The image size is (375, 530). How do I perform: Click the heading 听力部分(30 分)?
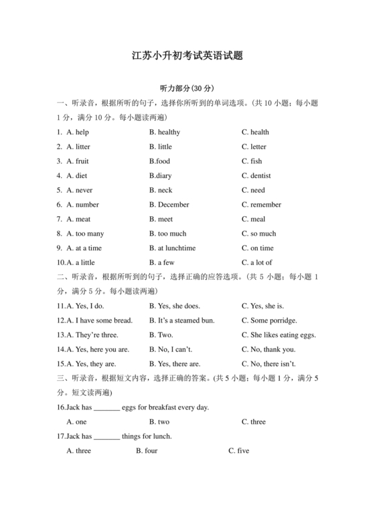coord(187,88)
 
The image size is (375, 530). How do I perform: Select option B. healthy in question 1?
coord(165,132)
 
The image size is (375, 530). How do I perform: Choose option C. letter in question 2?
coord(254,147)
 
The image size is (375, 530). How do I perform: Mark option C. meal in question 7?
coord(253,219)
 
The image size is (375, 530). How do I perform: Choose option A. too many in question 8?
coord(85,234)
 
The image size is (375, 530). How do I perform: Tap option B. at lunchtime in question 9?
coord(172,248)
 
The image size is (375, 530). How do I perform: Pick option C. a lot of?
coord(256,262)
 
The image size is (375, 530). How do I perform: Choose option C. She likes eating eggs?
coord(279,335)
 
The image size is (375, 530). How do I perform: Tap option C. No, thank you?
coord(268,349)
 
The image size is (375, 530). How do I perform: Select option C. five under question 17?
coord(238,451)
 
